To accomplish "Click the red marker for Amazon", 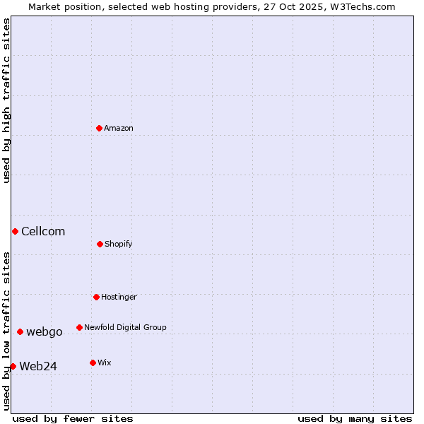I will pyautogui.click(x=100, y=128).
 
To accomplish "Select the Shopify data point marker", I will pyautogui.click(x=100, y=244).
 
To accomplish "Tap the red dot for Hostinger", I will pyautogui.click(x=96, y=297).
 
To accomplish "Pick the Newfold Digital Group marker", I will pyautogui.click(x=79, y=327).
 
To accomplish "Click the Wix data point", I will pyautogui.click(x=93, y=363).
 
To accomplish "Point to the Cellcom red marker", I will pyautogui.click(x=15, y=231).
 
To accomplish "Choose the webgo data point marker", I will pyautogui.click(x=20, y=331).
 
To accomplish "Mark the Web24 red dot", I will pyautogui.click(x=13, y=366).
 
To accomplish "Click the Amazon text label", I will pyautogui.click(x=119, y=129).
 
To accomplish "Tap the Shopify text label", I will pyautogui.click(x=119, y=245).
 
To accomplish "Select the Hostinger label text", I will pyautogui.click(x=119, y=298).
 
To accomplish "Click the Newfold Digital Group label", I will pyautogui.click(x=125, y=328).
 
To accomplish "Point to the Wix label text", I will pyautogui.click(x=105, y=363).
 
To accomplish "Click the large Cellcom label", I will pyautogui.click(x=43, y=232).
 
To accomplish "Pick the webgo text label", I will pyautogui.click(x=45, y=332).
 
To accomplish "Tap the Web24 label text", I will pyautogui.click(x=38, y=366).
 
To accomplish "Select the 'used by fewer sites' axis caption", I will pyautogui.click(x=73, y=418).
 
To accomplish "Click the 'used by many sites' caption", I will pyautogui.click(x=355, y=418).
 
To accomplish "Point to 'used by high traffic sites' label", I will pyautogui.click(x=7, y=100).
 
